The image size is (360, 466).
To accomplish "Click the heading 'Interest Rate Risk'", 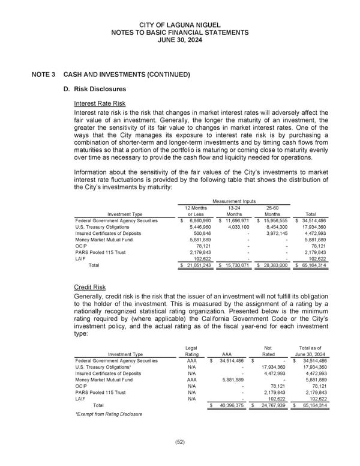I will click(x=100, y=103).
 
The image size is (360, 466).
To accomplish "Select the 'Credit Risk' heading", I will click(x=89, y=288).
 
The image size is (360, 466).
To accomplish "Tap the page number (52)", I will click(x=179, y=443).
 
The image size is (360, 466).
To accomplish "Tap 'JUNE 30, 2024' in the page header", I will click(x=179, y=41).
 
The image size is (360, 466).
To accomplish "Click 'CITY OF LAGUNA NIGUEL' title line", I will click(x=179, y=24).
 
